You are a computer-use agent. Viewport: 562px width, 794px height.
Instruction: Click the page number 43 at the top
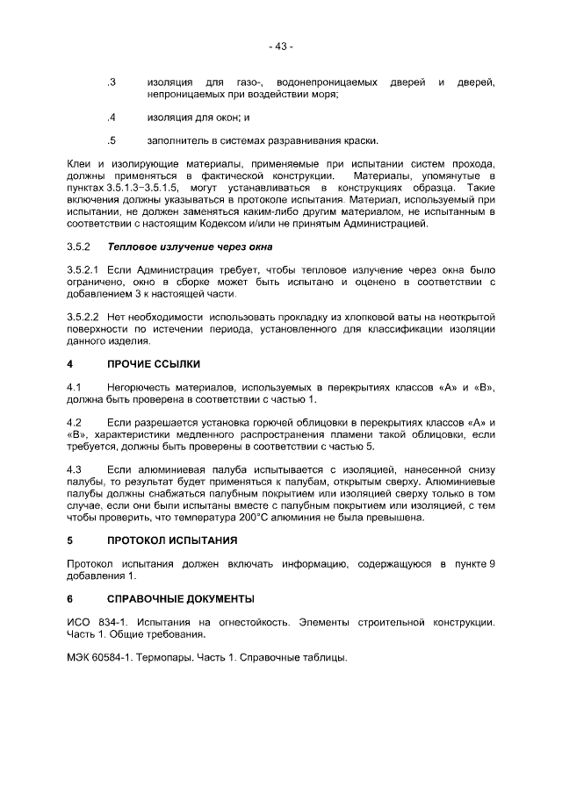click(x=281, y=46)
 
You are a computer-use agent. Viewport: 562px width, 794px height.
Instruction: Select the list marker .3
click(x=111, y=82)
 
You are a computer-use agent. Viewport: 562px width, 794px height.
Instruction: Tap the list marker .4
click(x=111, y=118)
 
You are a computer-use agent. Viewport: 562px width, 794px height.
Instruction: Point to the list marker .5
click(x=111, y=140)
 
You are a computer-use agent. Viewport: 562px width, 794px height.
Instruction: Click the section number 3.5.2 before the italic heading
click(x=80, y=247)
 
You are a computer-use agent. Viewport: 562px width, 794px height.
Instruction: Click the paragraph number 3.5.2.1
click(x=85, y=269)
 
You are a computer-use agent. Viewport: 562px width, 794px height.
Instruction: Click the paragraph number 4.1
click(x=75, y=387)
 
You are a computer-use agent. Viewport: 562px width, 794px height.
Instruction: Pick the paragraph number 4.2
click(x=75, y=423)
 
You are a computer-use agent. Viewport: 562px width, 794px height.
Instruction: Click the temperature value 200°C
click(x=278, y=517)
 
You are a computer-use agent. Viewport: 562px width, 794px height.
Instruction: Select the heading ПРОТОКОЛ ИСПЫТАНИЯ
click(x=172, y=540)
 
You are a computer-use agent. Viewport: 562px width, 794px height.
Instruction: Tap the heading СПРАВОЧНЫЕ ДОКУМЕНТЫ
click(x=180, y=599)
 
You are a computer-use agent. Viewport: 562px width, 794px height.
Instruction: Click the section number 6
click(x=70, y=599)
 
